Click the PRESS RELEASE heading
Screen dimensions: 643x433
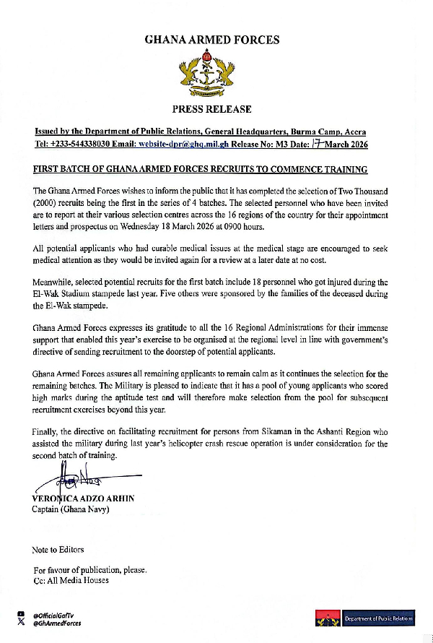pos(211,109)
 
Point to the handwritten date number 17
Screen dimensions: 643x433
pos(315,144)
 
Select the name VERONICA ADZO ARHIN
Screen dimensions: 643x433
pos(84,499)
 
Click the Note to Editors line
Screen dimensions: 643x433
pos(58,550)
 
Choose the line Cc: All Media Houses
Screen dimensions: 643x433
pos(71,580)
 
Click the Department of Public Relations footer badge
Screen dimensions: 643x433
pos(364,618)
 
